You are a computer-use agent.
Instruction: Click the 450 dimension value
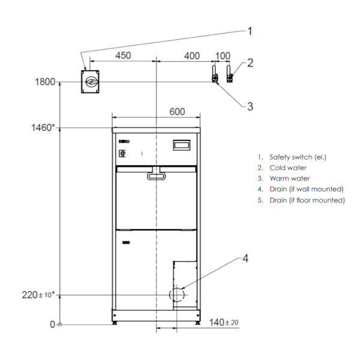pyautogui.click(x=123, y=56)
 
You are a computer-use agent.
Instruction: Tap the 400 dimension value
pyautogui.click(x=192, y=56)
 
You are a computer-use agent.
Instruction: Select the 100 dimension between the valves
pyautogui.click(x=223, y=56)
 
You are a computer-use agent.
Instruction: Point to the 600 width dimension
pyautogui.click(x=177, y=112)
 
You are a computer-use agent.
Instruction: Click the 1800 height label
pyautogui.click(x=45, y=82)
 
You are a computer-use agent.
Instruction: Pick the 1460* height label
pyautogui.click(x=43, y=128)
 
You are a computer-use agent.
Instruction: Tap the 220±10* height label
pyautogui.click(x=38, y=295)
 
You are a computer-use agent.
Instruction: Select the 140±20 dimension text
pyautogui.click(x=224, y=322)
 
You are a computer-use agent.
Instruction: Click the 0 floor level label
pyautogui.click(x=53, y=325)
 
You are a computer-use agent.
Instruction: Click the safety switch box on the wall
pyautogui.click(x=90, y=82)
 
